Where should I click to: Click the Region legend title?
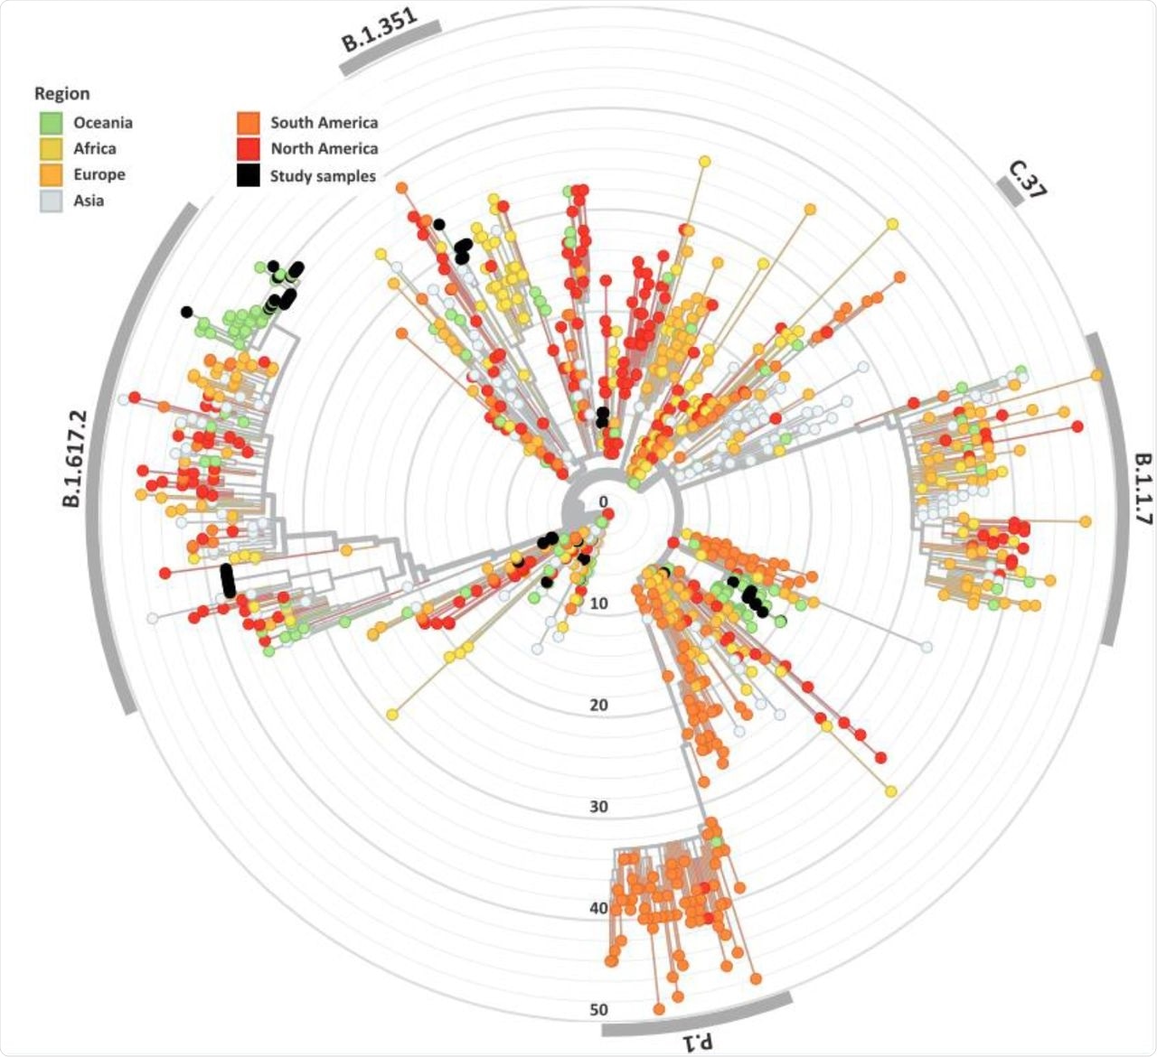pos(62,94)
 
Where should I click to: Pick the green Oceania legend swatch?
pos(51,123)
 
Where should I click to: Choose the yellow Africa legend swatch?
pos(51,149)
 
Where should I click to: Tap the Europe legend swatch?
pos(51,175)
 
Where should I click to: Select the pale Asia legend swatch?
pos(51,201)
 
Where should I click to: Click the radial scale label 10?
pos(598,603)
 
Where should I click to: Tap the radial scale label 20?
pos(598,706)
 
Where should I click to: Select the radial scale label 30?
pos(598,807)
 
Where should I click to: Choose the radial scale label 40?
pos(598,908)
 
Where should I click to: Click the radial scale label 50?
pos(598,1010)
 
